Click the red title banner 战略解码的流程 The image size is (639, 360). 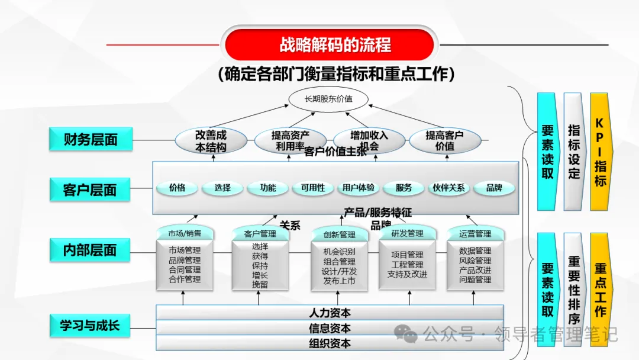coord(330,45)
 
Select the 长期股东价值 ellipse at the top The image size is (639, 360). coord(328,99)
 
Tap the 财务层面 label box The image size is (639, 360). coord(91,139)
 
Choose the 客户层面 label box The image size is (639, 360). coord(90,190)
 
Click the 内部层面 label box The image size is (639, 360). coord(90,250)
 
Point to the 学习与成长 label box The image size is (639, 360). coord(90,325)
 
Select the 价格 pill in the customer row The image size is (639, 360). coord(177,188)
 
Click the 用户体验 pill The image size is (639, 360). coord(359,188)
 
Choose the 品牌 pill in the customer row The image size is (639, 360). coord(494,188)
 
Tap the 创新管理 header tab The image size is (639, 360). coord(339,234)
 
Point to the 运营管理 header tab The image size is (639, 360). coord(475,234)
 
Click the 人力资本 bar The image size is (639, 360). coord(330,313)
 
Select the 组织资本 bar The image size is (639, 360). coord(330,343)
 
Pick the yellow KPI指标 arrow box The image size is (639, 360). coord(600,152)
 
